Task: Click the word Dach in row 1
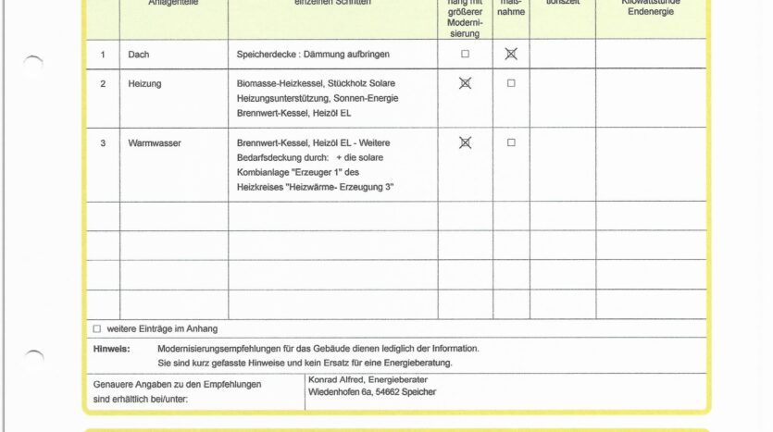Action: coord(138,55)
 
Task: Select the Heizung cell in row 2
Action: coord(144,84)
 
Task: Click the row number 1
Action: coord(103,55)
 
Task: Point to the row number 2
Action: coord(103,84)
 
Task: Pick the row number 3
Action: coord(103,143)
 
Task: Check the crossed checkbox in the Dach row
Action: coord(511,54)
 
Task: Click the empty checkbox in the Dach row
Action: coord(465,54)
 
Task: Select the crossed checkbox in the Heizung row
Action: coord(465,83)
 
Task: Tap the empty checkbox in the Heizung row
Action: coord(511,83)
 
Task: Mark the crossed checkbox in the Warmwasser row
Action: coord(465,142)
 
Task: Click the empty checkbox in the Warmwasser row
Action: coord(511,142)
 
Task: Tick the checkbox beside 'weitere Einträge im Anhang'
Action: coord(97,328)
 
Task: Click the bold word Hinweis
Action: coord(111,349)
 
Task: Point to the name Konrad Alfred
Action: coord(337,378)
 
